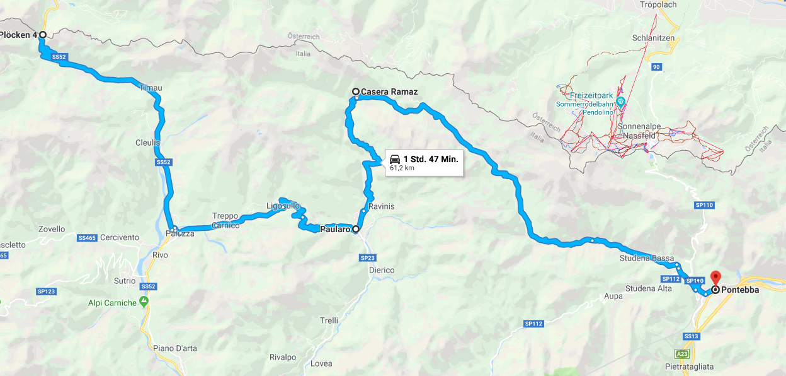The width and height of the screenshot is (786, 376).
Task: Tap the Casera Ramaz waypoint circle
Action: click(x=356, y=92)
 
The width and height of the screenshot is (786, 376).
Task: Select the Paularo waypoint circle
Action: click(x=356, y=230)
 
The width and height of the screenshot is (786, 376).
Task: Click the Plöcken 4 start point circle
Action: click(x=42, y=35)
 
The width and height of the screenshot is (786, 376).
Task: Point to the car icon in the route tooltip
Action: click(x=395, y=158)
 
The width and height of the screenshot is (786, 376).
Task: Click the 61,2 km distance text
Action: click(x=402, y=168)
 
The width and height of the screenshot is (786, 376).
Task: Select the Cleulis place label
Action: click(x=147, y=143)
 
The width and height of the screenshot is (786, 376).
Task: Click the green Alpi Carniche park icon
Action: click(x=144, y=303)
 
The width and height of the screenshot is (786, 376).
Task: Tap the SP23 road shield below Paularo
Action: click(x=367, y=258)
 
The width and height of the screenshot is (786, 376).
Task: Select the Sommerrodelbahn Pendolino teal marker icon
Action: click(x=620, y=101)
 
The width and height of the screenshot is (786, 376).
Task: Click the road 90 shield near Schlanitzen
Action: click(x=656, y=66)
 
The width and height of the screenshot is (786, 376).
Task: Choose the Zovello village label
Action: click(x=52, y=229)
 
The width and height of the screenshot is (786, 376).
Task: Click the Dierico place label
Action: click(x=382, y=270)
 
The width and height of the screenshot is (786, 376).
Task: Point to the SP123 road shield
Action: click(x=47, y=291)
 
